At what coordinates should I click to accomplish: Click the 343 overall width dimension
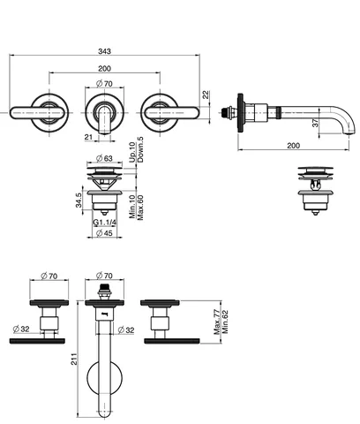[104, 51]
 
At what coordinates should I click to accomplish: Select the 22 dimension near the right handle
[206, 95]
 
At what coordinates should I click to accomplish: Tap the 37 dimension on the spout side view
[315, 123]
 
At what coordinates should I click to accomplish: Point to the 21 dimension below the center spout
[88, 137]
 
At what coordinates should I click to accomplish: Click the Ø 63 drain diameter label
[104, 158]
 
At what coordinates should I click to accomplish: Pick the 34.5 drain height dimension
[79, 201]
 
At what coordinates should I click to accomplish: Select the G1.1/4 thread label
[104, 223]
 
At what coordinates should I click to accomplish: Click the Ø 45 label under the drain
[104, 233]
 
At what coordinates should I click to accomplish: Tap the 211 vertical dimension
[74, 359]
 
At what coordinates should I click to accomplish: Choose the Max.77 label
[217, 322]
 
